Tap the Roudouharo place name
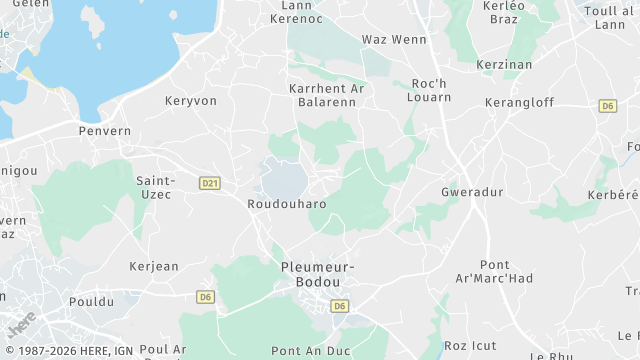click(x=286, y=203)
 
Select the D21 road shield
click(x=210, y=183)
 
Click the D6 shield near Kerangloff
click(x=607, y=105)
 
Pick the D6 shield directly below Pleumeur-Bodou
click(x=340, y=306)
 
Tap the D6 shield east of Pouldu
click(x=206, y=296)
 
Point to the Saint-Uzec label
click(x=155, y=187)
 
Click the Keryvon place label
click(x=190, y=101)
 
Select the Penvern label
click(x=105, y=131)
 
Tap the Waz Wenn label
click(x=393, y=40)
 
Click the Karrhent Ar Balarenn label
click(x=327, y=95)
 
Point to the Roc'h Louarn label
click(x=431, y=91)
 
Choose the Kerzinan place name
click(x=504, y=63)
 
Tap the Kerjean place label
click(x=154, y=266)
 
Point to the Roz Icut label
click(x=470, y=346)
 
